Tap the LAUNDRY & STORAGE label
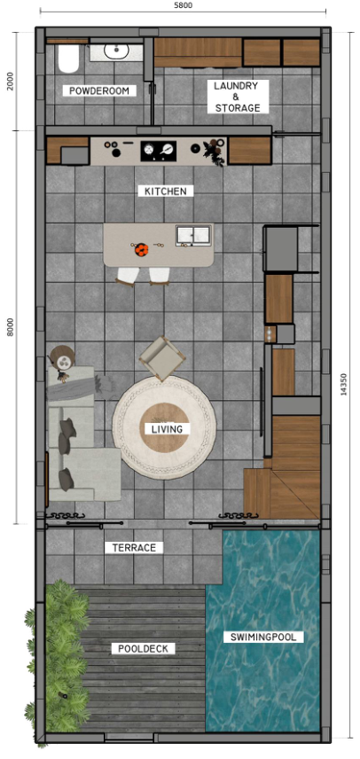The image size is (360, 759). click(237, 97)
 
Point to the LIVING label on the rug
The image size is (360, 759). click(167, 429)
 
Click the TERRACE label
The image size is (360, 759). click(133, 548)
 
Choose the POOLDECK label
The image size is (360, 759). click(143, 649)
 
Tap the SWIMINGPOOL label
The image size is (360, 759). click(267, 637)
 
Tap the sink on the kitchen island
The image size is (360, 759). click(193, 235)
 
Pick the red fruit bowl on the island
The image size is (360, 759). click(139, 249)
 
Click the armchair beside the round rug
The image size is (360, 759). click(161, 356)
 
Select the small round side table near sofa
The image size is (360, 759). click(62, 358)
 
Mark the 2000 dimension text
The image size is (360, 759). click(10, 81)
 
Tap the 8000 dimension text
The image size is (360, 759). click(10, 326)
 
